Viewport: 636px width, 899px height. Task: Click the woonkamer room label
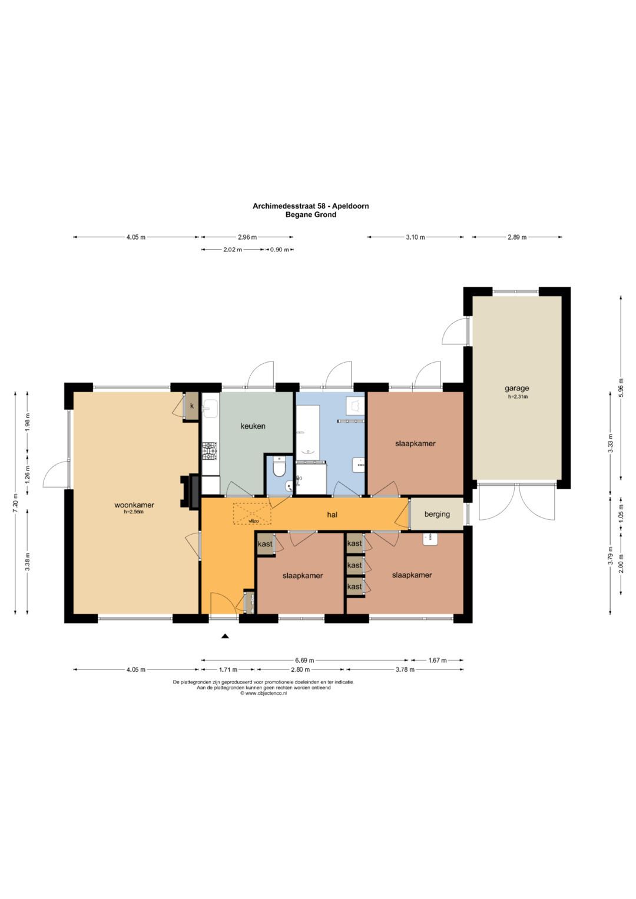pos(134,505)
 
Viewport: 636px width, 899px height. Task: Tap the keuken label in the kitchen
pos(253,426)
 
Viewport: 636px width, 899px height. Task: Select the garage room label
pos(517,389)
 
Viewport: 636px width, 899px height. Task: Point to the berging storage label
pos(437,514)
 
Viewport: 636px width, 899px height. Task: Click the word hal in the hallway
pos(332,514)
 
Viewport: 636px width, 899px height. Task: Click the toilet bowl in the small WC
pos(278,467)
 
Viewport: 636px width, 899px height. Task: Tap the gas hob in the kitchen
pos(210,451)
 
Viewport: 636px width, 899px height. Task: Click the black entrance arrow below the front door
pos(225,636)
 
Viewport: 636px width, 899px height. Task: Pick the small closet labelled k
pos(191,406)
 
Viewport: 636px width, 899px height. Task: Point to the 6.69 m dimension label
pos(304,660)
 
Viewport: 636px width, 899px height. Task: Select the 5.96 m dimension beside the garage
pos(621,387)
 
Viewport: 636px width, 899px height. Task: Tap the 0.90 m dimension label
pos(280,250)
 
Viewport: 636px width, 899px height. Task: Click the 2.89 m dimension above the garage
pos(517,237)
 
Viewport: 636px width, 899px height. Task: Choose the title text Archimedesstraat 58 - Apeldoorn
pos(310,206)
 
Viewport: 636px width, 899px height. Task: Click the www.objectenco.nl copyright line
pos(263,693)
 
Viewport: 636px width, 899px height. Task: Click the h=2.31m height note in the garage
pos(518,397)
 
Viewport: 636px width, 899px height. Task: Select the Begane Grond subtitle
pos(311,215)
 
